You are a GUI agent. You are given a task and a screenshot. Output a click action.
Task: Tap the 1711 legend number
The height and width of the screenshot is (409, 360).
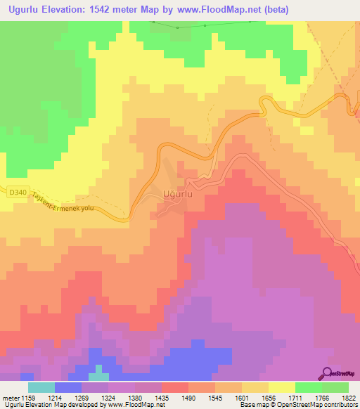coord(295,398)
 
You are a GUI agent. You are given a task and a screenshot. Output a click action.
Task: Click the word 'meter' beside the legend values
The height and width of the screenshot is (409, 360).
coord(10,398)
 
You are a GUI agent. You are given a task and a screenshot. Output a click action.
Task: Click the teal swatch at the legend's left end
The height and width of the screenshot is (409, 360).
coord(41,387)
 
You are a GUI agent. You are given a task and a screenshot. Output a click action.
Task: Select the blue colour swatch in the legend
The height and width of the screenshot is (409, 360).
coord(67,387)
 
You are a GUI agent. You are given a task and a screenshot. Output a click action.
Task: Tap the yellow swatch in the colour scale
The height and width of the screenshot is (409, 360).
coord(281,387)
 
